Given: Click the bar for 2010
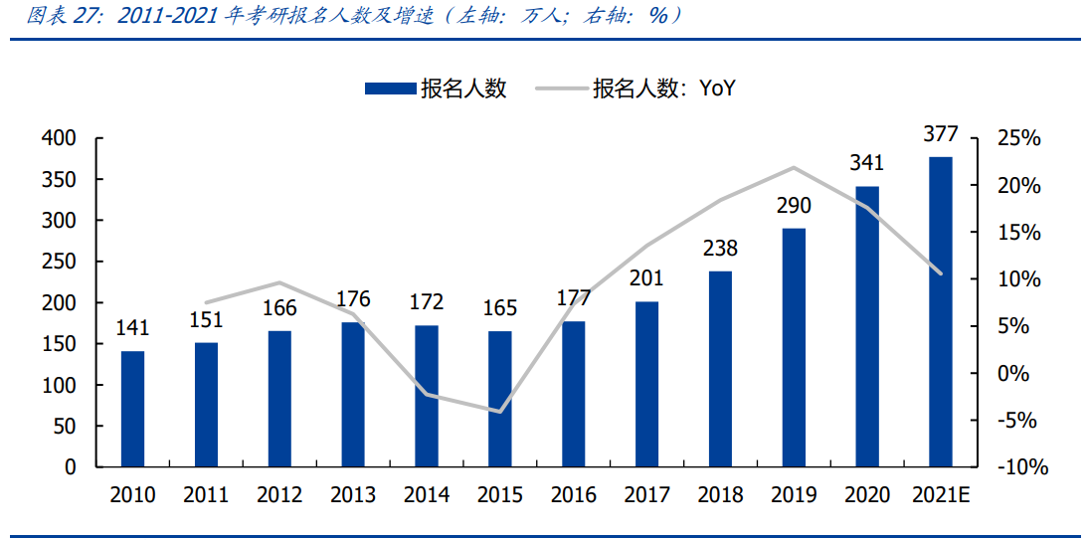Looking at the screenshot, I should click(132, 409).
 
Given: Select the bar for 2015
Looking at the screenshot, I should click(500, 399).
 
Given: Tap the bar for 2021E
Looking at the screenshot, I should click(940, 311).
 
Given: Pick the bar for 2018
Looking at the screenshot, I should click(720, 369).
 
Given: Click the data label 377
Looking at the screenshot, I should click(940, 134).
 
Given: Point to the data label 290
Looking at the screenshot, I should click(794, 206).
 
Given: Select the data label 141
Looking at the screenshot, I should click(132, 328).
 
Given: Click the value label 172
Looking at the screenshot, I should click(427, 302).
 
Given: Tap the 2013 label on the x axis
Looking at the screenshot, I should click(353, 495).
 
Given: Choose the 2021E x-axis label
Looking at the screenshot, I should click(940, 495).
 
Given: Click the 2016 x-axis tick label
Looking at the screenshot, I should click(574, 495).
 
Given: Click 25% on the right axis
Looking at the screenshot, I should click(1018, 139).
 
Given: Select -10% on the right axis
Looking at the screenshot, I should click(1018, 467).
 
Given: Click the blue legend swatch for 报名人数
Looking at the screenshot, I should click(389, 89).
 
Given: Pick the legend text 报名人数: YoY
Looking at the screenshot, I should click(663, 89).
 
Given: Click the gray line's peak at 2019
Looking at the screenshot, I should click(794, 167).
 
